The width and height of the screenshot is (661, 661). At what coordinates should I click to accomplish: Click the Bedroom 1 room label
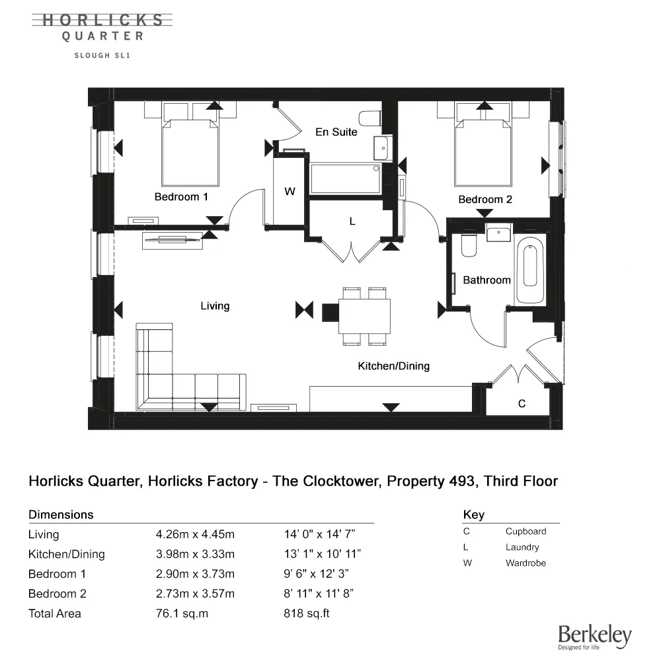click(x=181, y=197)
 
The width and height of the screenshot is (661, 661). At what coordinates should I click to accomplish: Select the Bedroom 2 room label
click(x=485, y=199)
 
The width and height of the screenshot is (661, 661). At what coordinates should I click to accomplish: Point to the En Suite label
click(x=336, y=132)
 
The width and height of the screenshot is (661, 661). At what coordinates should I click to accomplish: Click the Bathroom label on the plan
click(x=486, y=280)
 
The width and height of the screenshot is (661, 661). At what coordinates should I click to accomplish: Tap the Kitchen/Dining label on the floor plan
click(x=393, y=366)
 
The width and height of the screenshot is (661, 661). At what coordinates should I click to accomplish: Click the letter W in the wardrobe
click(x=290, y=192)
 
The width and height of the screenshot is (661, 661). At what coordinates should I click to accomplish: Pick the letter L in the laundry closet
click(x=352, y=222)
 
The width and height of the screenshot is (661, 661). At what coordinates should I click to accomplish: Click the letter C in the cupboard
click(x=522, y=404)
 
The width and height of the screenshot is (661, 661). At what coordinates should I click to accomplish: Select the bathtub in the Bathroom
click(x=530, y=271)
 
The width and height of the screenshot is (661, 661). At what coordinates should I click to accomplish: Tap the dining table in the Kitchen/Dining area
click(x=364, y=317)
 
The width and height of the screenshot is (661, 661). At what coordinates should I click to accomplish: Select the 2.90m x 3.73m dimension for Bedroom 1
click(x=194, y=574)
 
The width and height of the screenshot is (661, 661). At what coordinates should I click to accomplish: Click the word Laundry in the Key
click(x=522, y=547)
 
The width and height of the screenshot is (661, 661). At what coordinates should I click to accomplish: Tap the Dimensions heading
click(x=61, y=514)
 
